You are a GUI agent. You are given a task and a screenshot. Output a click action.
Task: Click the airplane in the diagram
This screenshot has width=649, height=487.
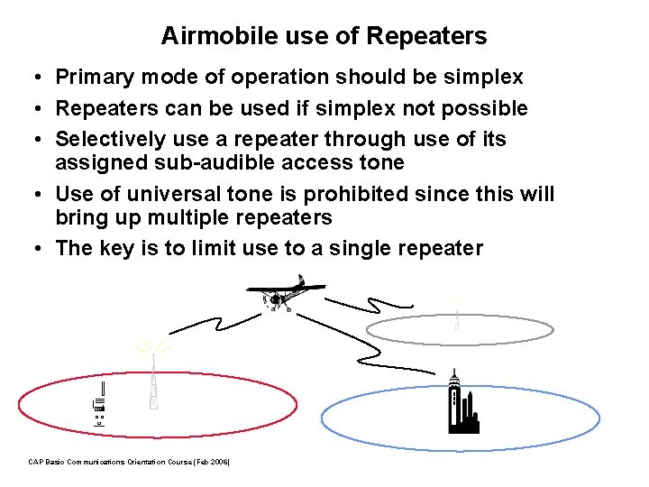(283, 295)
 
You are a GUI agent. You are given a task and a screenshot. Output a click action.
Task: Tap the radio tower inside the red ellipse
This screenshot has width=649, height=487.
(154, 383)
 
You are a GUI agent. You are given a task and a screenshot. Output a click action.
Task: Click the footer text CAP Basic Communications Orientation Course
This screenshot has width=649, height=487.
(129, 462)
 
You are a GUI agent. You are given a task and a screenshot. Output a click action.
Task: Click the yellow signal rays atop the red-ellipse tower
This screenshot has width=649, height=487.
(152, 347)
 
